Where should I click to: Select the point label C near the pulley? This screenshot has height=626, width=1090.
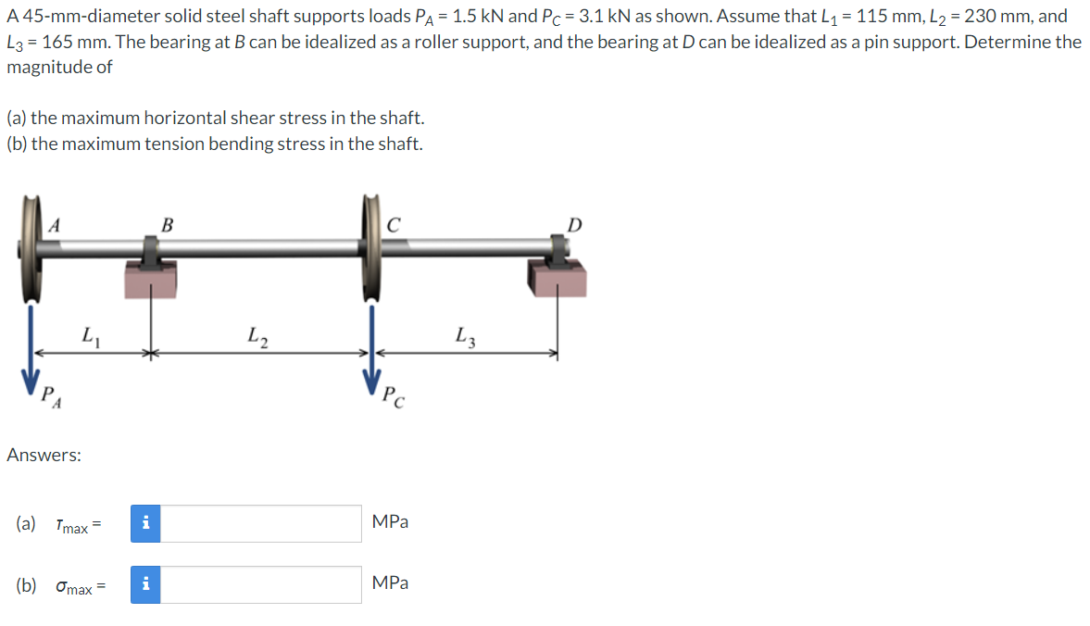pyautogui.click(x=394, y=223)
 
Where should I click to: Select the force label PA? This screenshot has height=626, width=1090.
pyautogui.click(x=54, y=397)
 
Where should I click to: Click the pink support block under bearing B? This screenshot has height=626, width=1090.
pyautogui.click(x=150, y=279)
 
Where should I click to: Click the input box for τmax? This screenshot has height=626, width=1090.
pyautogui.click(x=261, y=523)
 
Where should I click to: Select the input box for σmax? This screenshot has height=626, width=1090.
pyautogui.click(x=261, y=584)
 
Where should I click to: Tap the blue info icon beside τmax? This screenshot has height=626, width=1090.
pyautogui.click(x=145, y=523)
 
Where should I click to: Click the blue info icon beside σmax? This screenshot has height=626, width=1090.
pyautogui.click(x=145, y=584)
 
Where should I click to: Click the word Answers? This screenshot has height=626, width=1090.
pyautogui.click(x=44, y=455)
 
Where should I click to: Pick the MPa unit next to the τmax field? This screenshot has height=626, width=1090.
pyautogui.click(x=390, y=522)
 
